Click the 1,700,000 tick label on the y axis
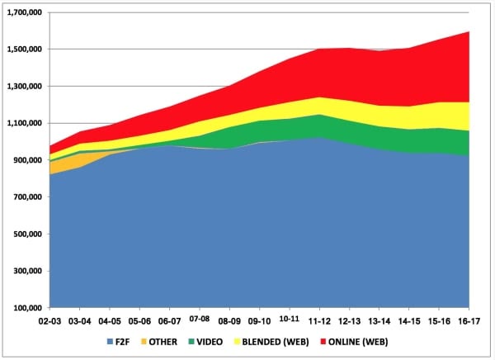click(x=25, y=12)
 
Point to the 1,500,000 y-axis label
click(x=25, y=50)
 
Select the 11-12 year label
click(x=320, y=320)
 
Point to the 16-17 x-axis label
click(x=469, y=320)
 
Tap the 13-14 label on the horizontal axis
click(x=379, y=320)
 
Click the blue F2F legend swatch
click(x=111, y=341)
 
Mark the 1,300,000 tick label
click(x=25, y=87)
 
